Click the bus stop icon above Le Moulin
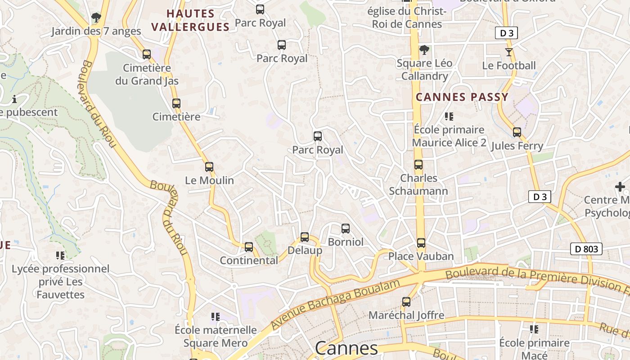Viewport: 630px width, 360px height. coord(209,167)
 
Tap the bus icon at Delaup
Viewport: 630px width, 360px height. coord(305,237)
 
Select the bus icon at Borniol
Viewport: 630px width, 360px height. coord(346,229)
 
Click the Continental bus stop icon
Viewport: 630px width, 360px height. coord(249,247)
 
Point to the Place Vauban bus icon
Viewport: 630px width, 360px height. coord(421,243)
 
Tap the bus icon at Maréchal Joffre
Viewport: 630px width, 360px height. coord(406,302)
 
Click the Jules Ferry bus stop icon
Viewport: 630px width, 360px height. coord(517,132)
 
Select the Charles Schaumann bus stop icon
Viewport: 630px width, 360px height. coord(418,165)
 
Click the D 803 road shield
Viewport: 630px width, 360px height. coord(586,249)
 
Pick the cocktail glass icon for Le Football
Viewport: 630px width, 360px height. coord(509,52)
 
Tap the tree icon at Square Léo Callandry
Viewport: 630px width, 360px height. coord(423,50)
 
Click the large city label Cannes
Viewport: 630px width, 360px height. coord(346,348)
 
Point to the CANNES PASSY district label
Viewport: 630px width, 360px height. coord(462,97)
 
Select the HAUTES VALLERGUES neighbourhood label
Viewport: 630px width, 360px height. coord(190,20)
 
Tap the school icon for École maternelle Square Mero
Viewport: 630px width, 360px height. coord(216,317)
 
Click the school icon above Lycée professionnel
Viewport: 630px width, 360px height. coord(60,256)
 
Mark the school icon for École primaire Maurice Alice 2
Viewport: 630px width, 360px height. coord(449,117)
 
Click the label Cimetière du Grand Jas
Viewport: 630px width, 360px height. coord(147,75)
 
